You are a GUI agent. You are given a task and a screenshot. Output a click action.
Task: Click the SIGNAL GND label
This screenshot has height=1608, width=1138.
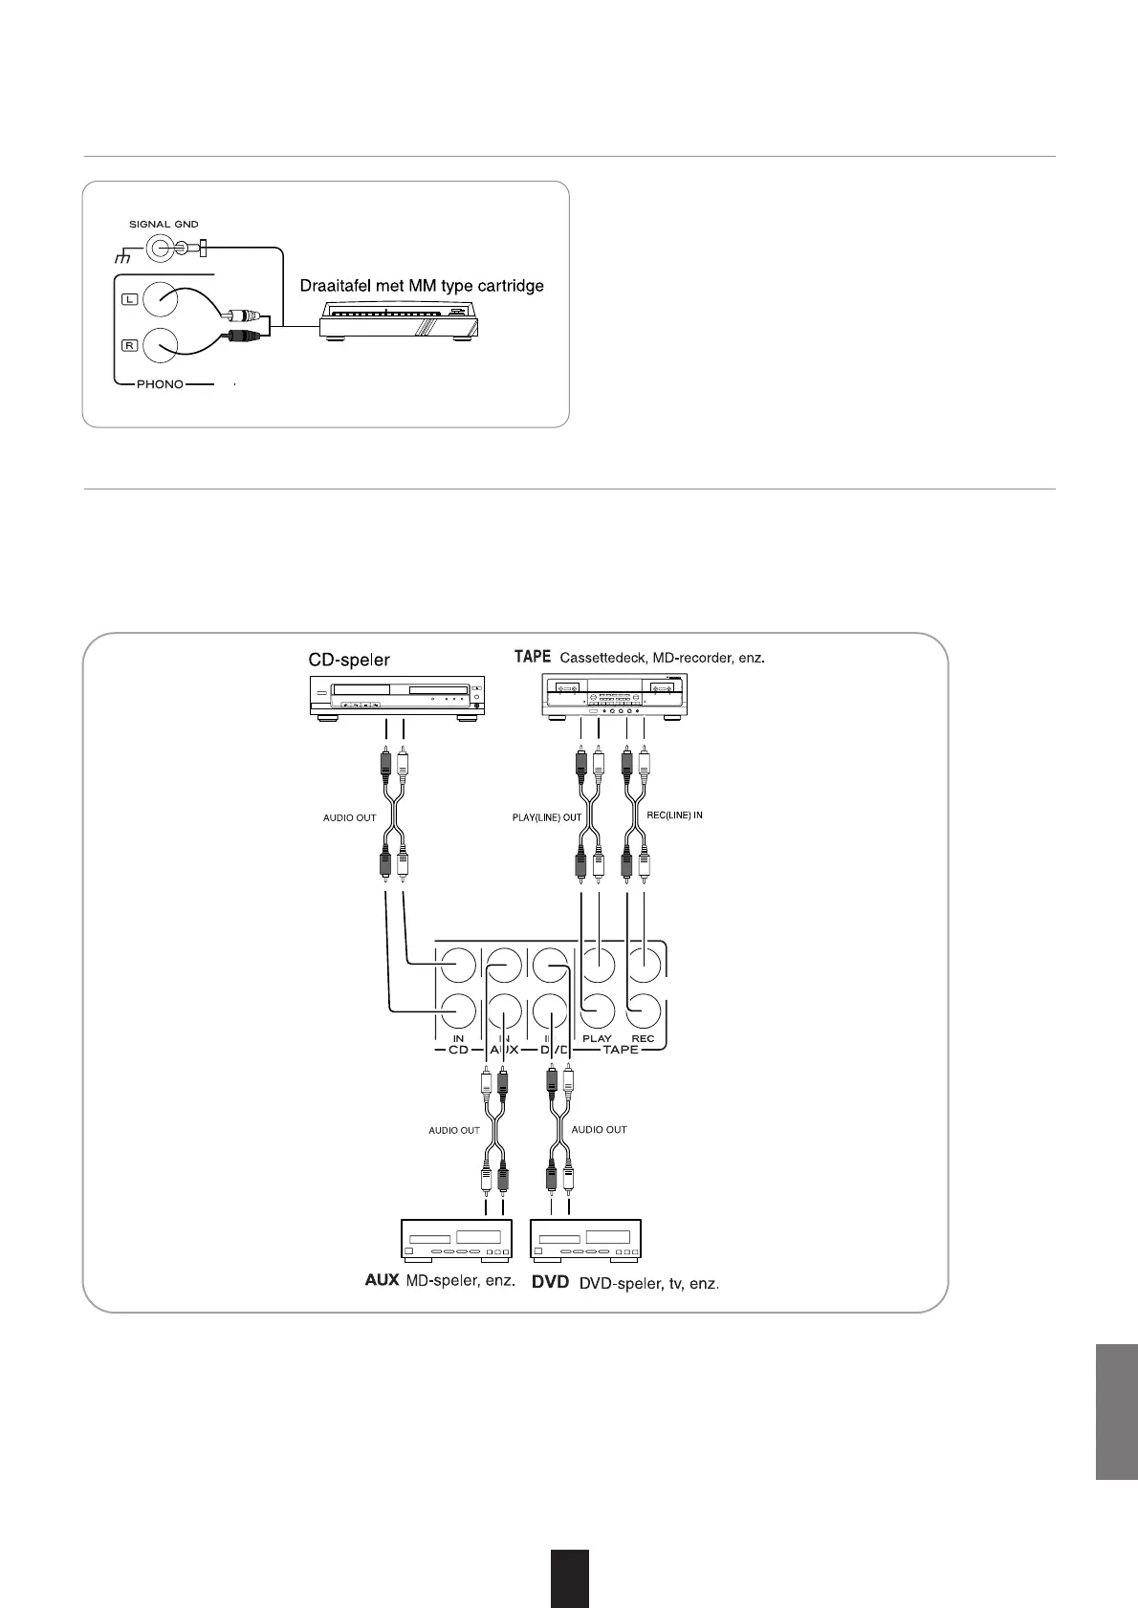[x=164, y=225]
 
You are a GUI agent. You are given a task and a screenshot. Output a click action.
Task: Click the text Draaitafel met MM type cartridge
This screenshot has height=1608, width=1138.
[x=422, y=286]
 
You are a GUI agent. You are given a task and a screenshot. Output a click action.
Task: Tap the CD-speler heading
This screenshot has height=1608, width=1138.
[x=349, y=660]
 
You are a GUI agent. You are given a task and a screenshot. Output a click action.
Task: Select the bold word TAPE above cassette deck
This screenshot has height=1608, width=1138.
[x=533, y=657]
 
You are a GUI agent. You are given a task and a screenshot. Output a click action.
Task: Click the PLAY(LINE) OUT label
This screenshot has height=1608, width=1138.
[x=547, y=817]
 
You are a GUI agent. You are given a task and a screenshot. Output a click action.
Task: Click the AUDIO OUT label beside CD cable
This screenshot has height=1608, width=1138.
[x=349, y=817]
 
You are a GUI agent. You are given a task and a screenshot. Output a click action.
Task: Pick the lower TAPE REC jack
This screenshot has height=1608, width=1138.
[x=644, y=1011]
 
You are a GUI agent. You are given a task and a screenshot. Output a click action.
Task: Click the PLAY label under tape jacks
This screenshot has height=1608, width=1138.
[x=597, y=1038]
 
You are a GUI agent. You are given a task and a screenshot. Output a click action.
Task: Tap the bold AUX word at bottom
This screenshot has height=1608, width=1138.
[x=382, y=1281]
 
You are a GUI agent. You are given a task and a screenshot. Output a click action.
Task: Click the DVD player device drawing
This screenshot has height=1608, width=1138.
[x=585, y=1240]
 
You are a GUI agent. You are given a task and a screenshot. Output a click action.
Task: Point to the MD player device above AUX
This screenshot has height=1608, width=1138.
[x=455, y=1240]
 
